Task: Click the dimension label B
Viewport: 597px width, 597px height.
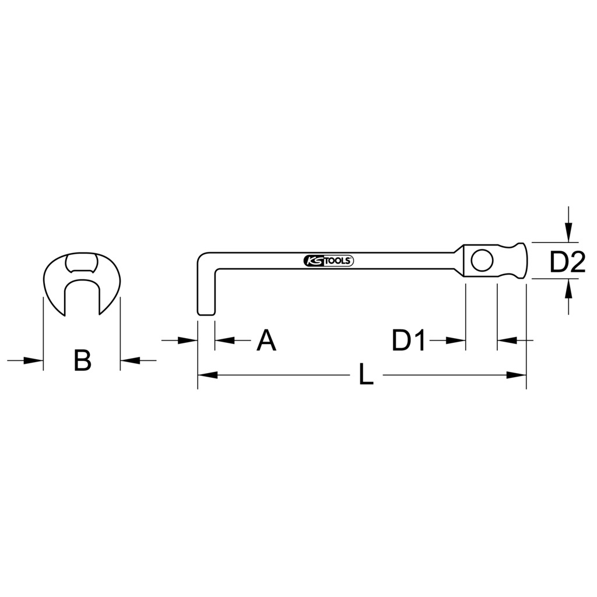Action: click(x=82, y=361)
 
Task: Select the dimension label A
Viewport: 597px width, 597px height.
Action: click(x=266, y=340)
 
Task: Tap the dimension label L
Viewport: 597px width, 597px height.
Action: click(x=365, y=375)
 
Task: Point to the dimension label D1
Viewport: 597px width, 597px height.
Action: click(x=409, y=340)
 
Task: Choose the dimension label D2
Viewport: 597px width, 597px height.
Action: click(x=567, y=263)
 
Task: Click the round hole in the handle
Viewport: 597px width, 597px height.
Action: click(x=482, y=261)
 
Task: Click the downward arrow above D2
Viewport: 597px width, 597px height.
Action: click(x=569, y=233)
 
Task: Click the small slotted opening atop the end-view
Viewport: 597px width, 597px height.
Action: click(x=81, y=263)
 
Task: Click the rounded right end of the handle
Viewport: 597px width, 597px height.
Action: click(x=525, y=261)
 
